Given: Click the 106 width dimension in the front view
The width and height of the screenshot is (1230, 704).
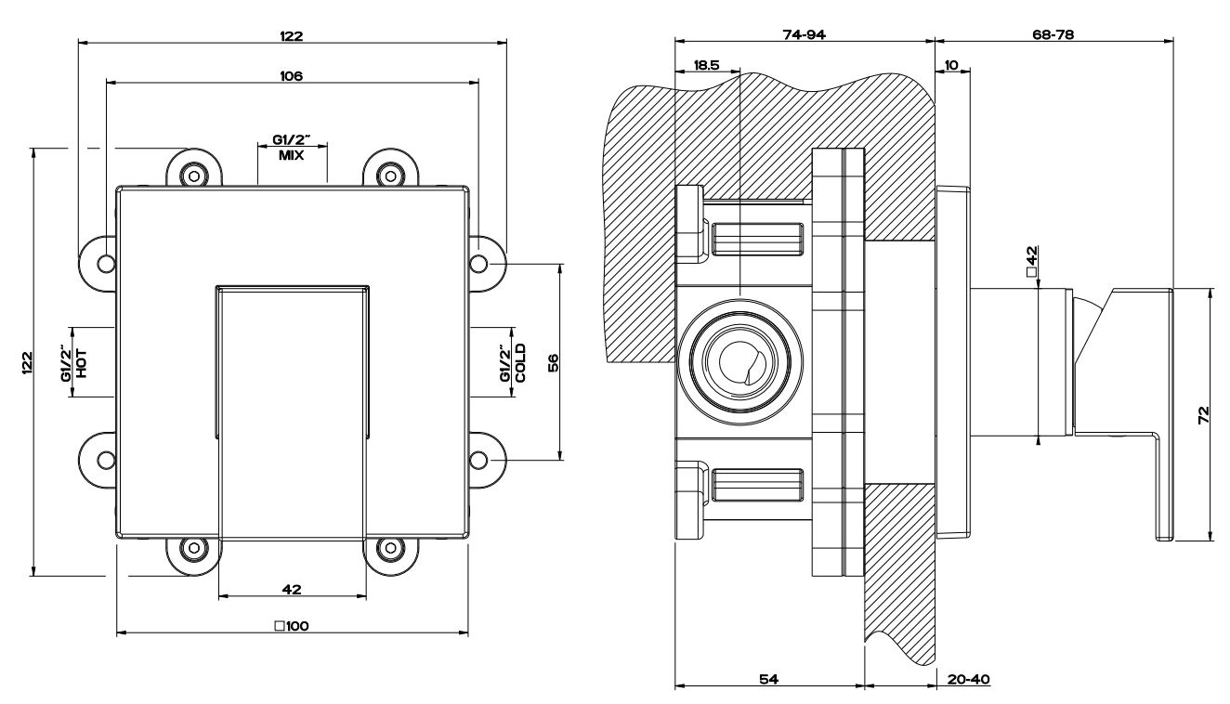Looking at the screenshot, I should coord(292,75).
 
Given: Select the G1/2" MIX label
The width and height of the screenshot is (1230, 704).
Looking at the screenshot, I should coord(292,148).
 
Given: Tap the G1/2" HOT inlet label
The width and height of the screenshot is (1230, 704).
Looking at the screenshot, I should coord(74,362).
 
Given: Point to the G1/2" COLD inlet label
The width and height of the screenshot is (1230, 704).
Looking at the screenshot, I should coord(514,362).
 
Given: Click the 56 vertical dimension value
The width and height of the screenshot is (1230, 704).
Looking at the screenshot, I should coord(554,362).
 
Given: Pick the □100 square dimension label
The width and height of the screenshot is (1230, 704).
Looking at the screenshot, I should coord(292,626).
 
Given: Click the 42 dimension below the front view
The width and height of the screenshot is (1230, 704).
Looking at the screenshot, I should coord(292,589).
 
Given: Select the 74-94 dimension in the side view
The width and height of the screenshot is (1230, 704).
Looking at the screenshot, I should coord(805,34).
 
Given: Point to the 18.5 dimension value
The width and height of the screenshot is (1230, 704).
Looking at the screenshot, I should coord(706,65).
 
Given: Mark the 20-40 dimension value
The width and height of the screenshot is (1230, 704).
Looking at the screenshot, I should coord(968,679).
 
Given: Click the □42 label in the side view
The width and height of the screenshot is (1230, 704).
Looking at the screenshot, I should coord(1031,261).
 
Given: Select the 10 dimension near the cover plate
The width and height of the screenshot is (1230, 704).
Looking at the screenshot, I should coord(951,65).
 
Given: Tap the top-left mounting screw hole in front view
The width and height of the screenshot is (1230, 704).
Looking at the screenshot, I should coord(194,173).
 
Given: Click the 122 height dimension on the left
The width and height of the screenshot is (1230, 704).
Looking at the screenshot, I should coord(28,362).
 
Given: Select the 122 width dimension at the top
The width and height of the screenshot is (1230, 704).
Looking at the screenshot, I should coord(292,35).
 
